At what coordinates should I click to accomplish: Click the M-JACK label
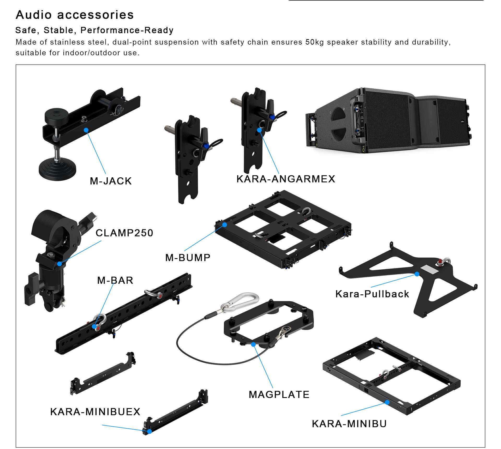pyautogui.click(x=111, y=181)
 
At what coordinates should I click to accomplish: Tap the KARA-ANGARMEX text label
pyautogui.click(x=286, y=179)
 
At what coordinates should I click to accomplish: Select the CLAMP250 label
pyautogui.click(x=124, y=233)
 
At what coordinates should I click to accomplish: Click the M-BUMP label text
pyautogui.click(x=188, y=258)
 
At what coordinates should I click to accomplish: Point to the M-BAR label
pyautogui.click(x=115, y=280)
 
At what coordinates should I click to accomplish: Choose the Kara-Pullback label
pyautogui.click(x=372, y=294)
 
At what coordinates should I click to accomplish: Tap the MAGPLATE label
pyautogui.click(x=279, y=395)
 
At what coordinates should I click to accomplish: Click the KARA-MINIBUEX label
pyautogui.click(x=95, y=412)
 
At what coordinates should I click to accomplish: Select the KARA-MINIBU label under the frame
pyautogui.click(x=349, y=424)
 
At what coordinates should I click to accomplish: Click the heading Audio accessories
pyautogui.click(x=75, y=15)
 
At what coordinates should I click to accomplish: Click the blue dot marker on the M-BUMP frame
pyautogui.click(x=225, y=225)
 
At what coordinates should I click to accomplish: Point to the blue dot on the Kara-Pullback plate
pyautogui.click(x=417, y=274)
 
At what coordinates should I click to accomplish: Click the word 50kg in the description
pyautogui.click(x=314, y=42)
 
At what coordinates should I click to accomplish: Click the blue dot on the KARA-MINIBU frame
pyautogui.click(x=387, y=402)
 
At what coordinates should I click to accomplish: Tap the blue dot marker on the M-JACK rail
pyautogui.click(x=86, y=130)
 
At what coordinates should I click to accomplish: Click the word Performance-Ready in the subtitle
pyautogui.click(x=127, y=30)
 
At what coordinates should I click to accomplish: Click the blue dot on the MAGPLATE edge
pyautogui.click(x=253, y=344)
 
